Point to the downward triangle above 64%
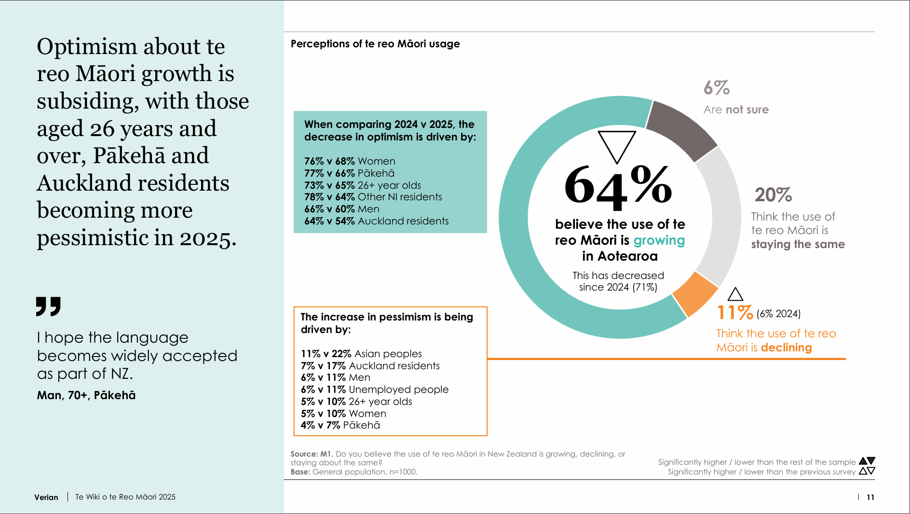point(617,146)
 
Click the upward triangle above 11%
point(735,294)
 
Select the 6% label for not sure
point(717,88)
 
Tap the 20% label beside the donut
point(773,195)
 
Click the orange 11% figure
point(734,313)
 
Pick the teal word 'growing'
point(659,240)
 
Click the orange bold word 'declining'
point(786,347)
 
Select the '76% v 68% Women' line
point(350,161)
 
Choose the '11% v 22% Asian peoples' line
point(361,354)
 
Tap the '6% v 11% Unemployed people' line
point(374,389)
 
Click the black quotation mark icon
point(48,306)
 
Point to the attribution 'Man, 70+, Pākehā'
point(86,395)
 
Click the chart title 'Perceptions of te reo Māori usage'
point(375,44)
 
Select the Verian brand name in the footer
point(46,497)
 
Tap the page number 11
point(870,497)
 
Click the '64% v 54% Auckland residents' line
point(376,221)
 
